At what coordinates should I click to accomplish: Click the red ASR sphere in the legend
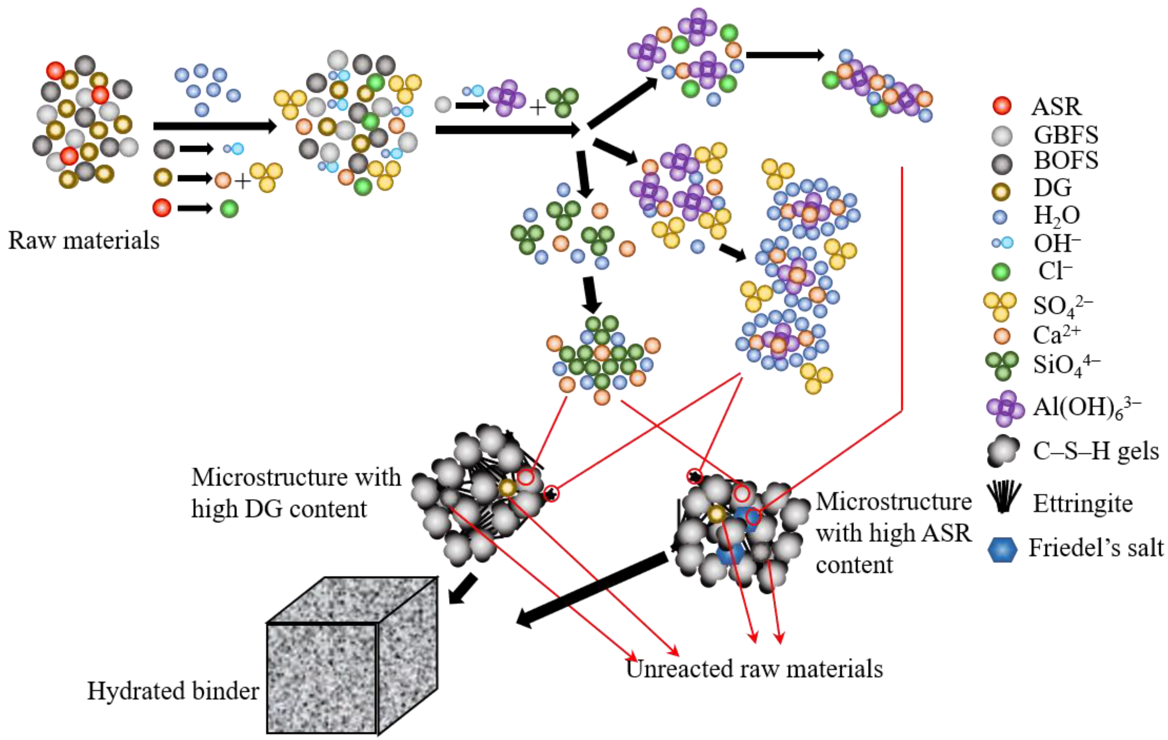(x=1001, y=106)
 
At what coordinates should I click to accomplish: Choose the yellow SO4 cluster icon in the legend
(x=1000, y=306)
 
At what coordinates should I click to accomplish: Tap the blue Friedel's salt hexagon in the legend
(x=1002, y=549)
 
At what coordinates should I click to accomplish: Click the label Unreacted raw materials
(x=754, y=669)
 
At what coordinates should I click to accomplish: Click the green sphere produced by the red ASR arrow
(x=229, y=209)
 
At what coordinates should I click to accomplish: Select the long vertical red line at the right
(x=902, y=291)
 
